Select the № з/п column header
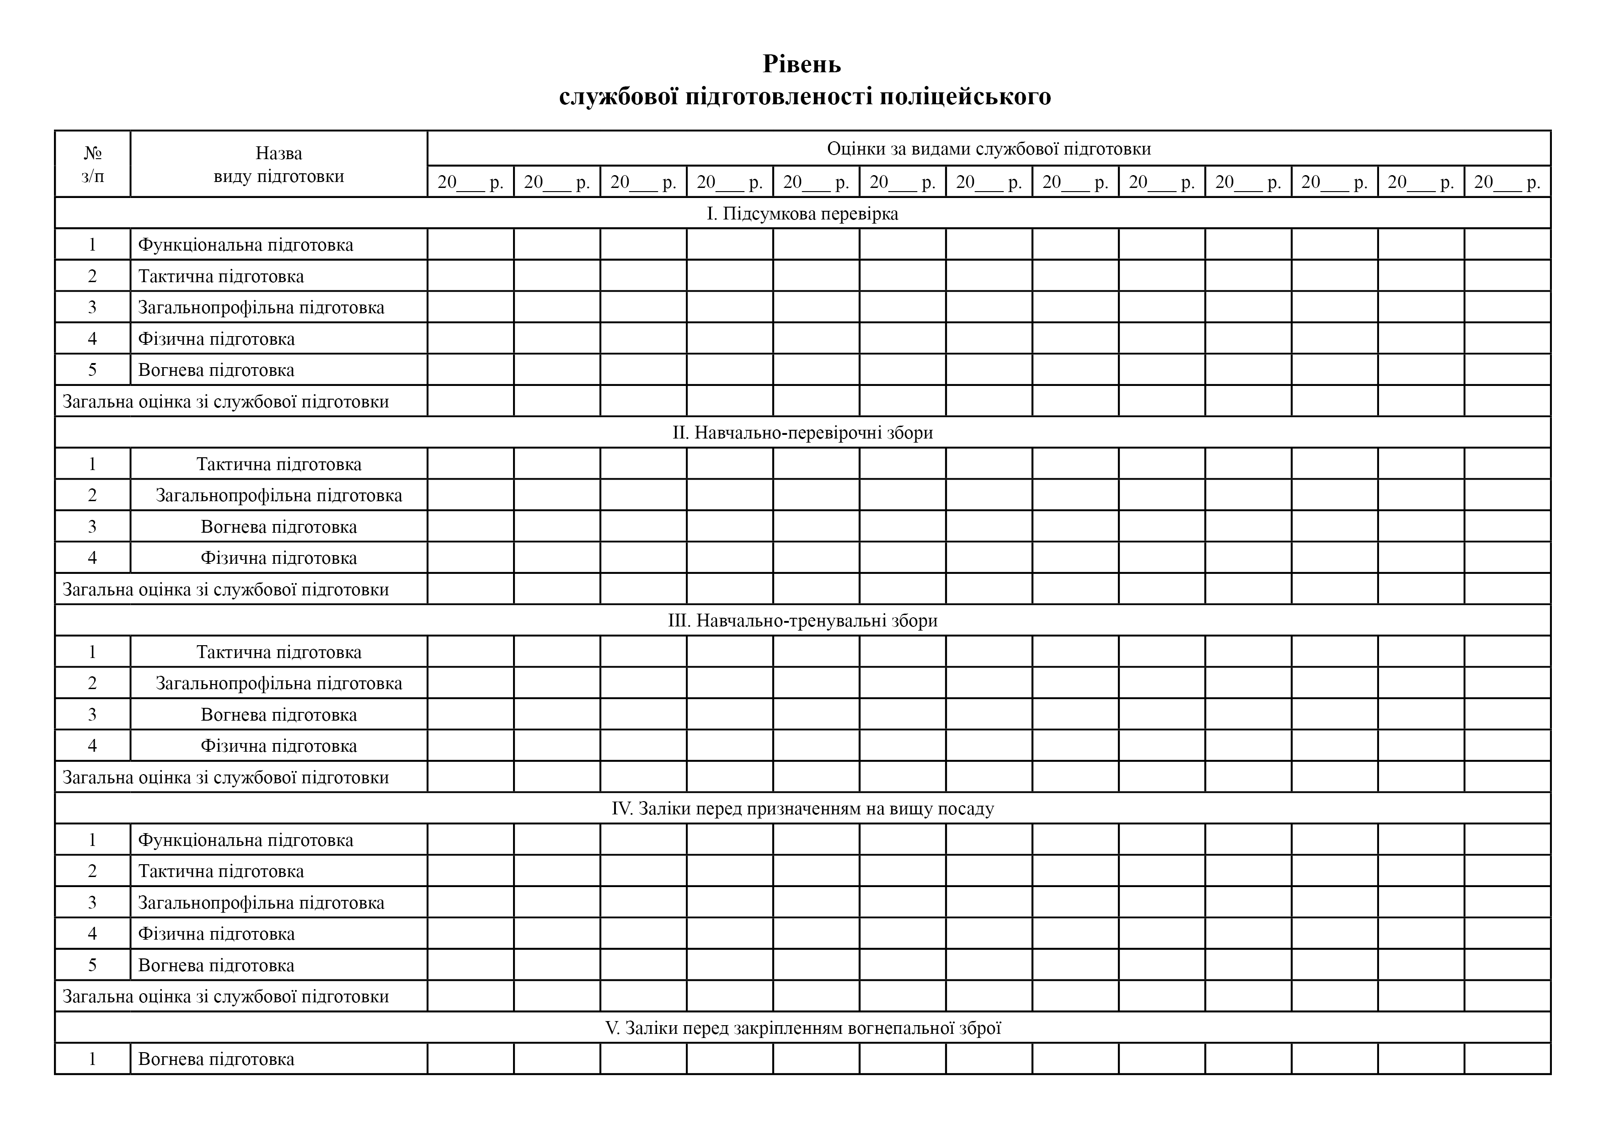pos(92,164)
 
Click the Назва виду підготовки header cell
pos(279,164)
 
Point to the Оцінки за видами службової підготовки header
pos(989,149)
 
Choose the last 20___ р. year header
pos(1507,182)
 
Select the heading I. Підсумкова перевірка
pos(802,213)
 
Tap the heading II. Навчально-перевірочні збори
pos(802,433)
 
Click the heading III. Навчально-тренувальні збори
pos(802,620)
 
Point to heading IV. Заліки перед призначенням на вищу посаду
pos(802,808)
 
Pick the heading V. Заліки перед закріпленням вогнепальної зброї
pos(802,1028)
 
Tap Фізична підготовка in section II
pos(279,557)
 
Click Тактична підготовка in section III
pos(279,652)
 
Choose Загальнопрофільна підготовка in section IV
pos(261,902)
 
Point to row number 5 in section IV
pos(92,965)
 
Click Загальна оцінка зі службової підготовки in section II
pos(226,589)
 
